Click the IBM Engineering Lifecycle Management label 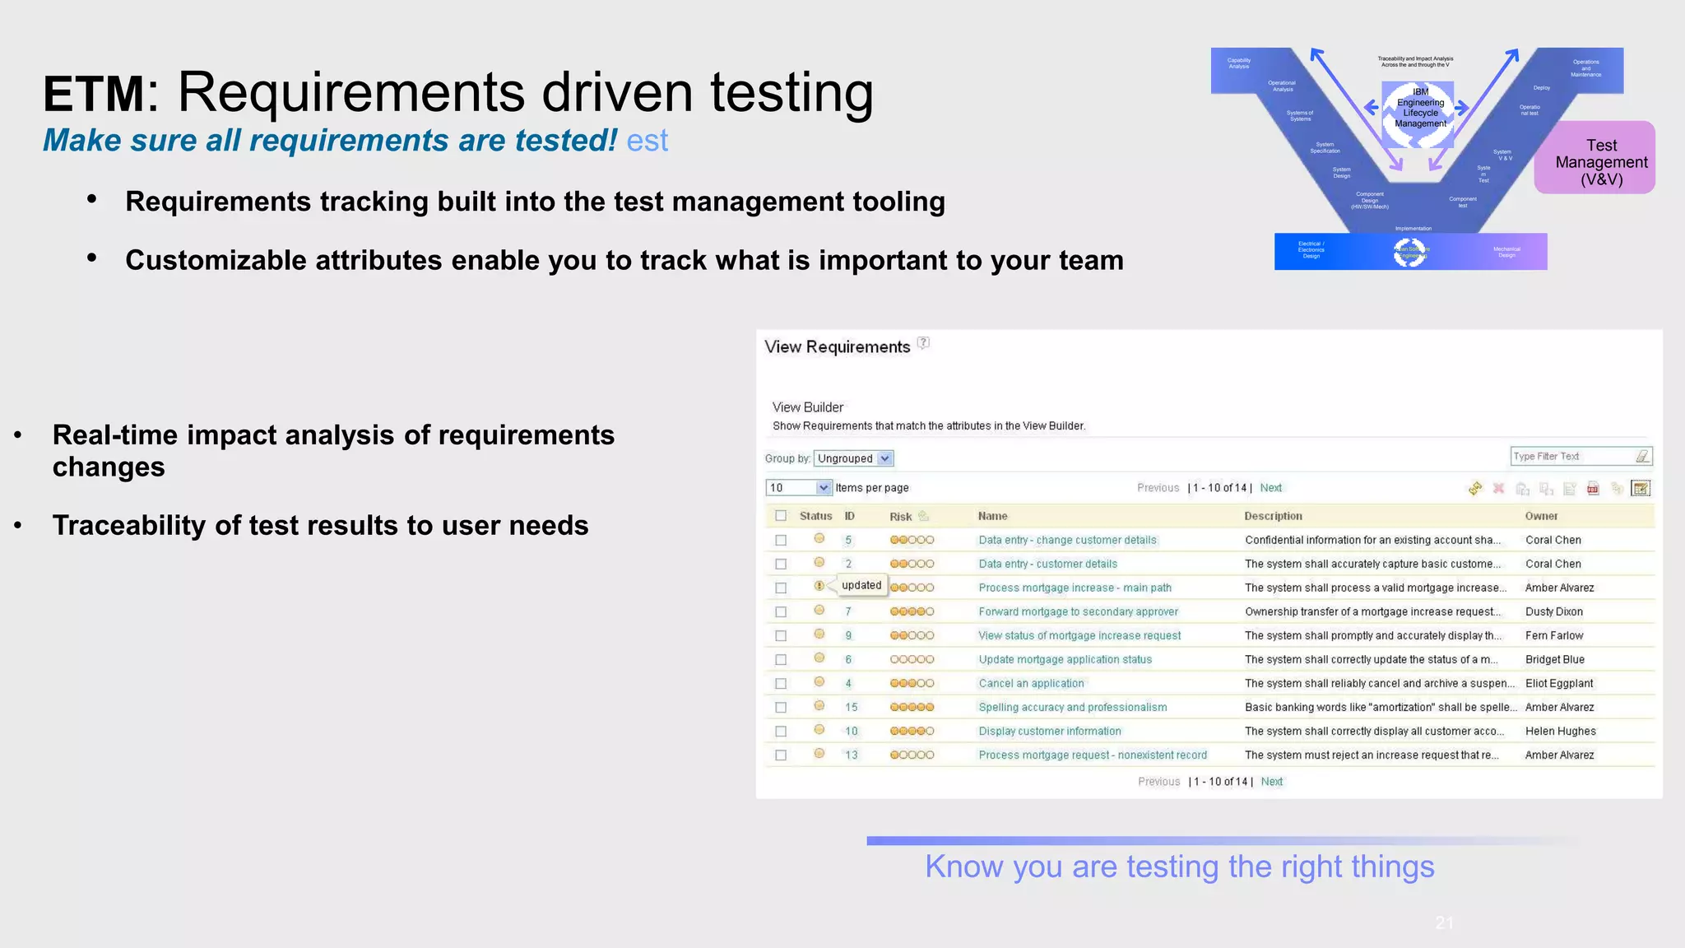[1420, 108]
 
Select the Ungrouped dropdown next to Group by [854, 458]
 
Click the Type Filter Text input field [1571, 456]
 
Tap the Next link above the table [1270, 488]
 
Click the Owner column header [1541, 516]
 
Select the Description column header [1273, 516]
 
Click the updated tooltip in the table [861, 585]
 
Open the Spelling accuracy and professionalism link [1072, 707]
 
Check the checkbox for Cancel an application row [781, 683]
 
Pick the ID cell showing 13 [851, 755]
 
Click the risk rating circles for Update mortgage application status [912, 659]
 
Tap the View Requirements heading [837, 347]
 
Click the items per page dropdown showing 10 [798, 488]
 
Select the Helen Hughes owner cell [1560, 731]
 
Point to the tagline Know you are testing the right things [1179, 867]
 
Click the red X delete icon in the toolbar [1498, 489]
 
